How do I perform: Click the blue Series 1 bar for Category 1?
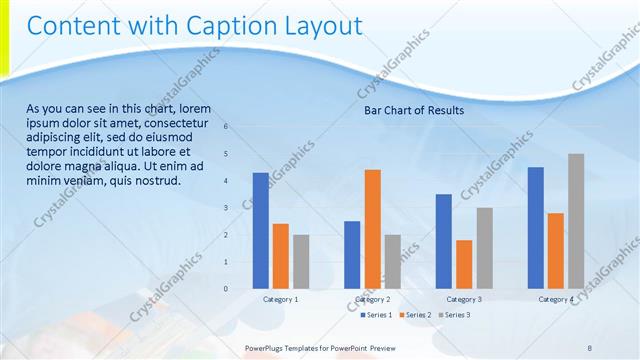(260, 231)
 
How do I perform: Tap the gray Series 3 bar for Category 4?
(576, 221)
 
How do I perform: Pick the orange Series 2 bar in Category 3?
(464, 264)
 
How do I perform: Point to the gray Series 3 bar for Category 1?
(301, 262)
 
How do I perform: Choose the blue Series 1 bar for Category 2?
(352, 255)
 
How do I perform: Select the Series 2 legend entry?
(417, 315)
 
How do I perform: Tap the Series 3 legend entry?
(457, 315)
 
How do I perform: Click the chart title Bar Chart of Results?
(414, 111)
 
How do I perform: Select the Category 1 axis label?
(281, 299)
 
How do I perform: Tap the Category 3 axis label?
(464, 299)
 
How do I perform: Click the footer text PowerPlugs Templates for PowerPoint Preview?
(321, 348)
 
